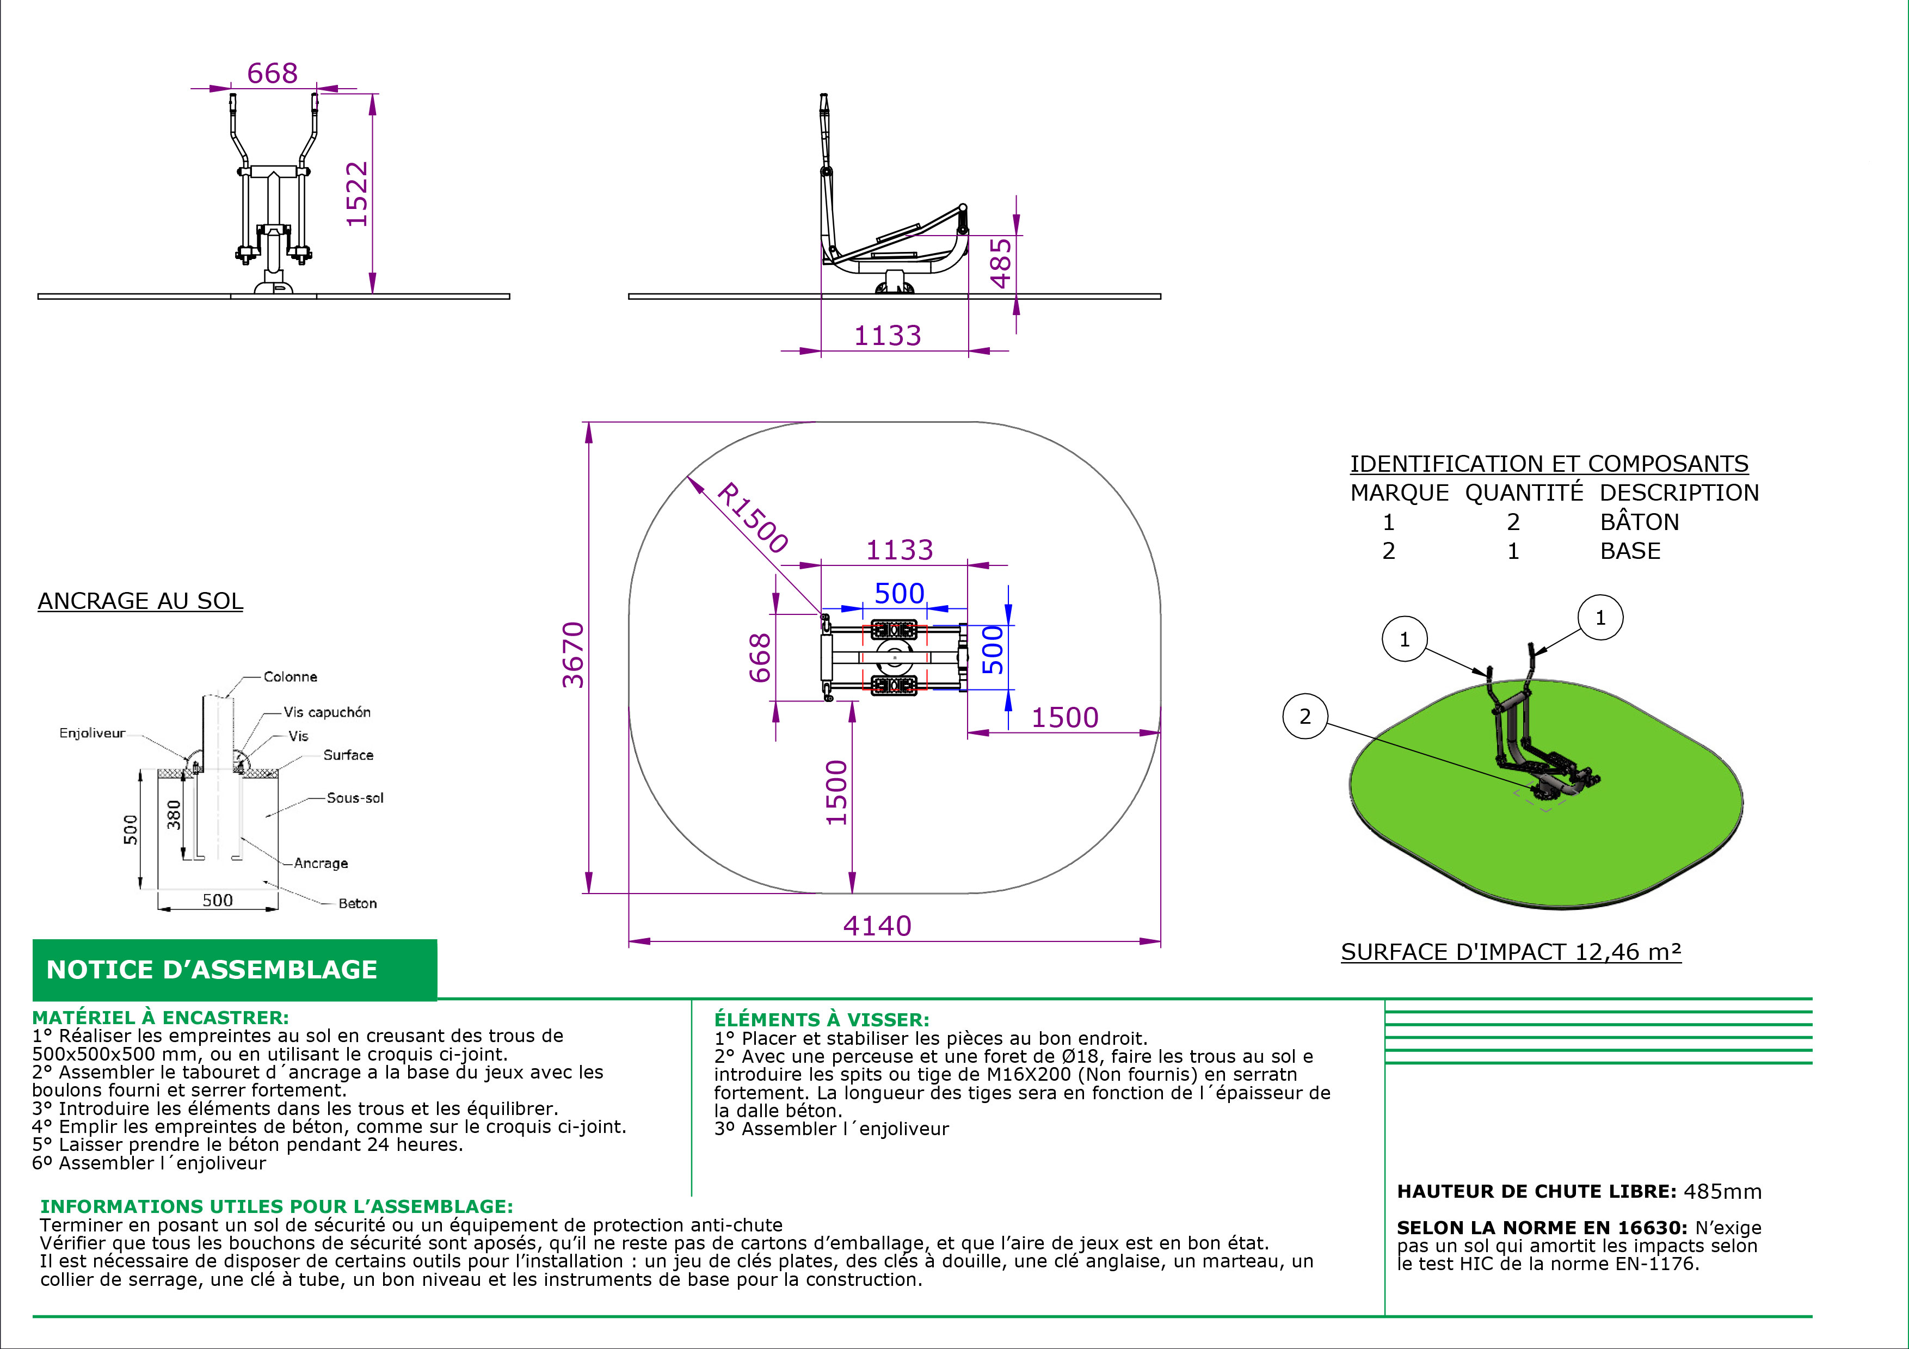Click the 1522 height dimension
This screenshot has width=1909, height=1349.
click(x=356, y=194)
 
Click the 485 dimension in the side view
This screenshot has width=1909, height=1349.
click(x=1001, y=263)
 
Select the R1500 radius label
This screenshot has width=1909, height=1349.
click(x=752, y=517)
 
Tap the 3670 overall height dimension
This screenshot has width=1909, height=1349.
click(x=574, y=655)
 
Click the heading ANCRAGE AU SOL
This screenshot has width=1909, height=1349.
click(x=140, y=601)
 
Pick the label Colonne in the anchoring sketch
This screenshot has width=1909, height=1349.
click(x=290, y=676)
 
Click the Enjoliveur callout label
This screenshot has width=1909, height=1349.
click(x=93, y=733)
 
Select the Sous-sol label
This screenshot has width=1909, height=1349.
click(x=355, y=798)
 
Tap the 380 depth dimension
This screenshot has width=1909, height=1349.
click(x=174, y=815)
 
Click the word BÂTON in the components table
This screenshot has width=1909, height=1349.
click(x=1640, y=521)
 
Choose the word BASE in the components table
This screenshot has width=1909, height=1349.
click(x=1630, y=551)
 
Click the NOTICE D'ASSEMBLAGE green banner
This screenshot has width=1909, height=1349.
click(x=235, y=970)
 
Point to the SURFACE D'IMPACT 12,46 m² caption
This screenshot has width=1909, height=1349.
click(x=1511, y=952)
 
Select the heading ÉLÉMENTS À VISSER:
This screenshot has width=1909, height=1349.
click(x=822, y=1020)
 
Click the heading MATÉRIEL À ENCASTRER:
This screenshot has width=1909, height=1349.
click(x=161, y=1018)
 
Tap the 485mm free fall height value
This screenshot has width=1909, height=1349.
click(x=1723, y=1191)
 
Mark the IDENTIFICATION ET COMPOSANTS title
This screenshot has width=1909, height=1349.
click(x=1549, y=464)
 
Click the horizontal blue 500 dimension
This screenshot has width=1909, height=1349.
click(x=899, y=594)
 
